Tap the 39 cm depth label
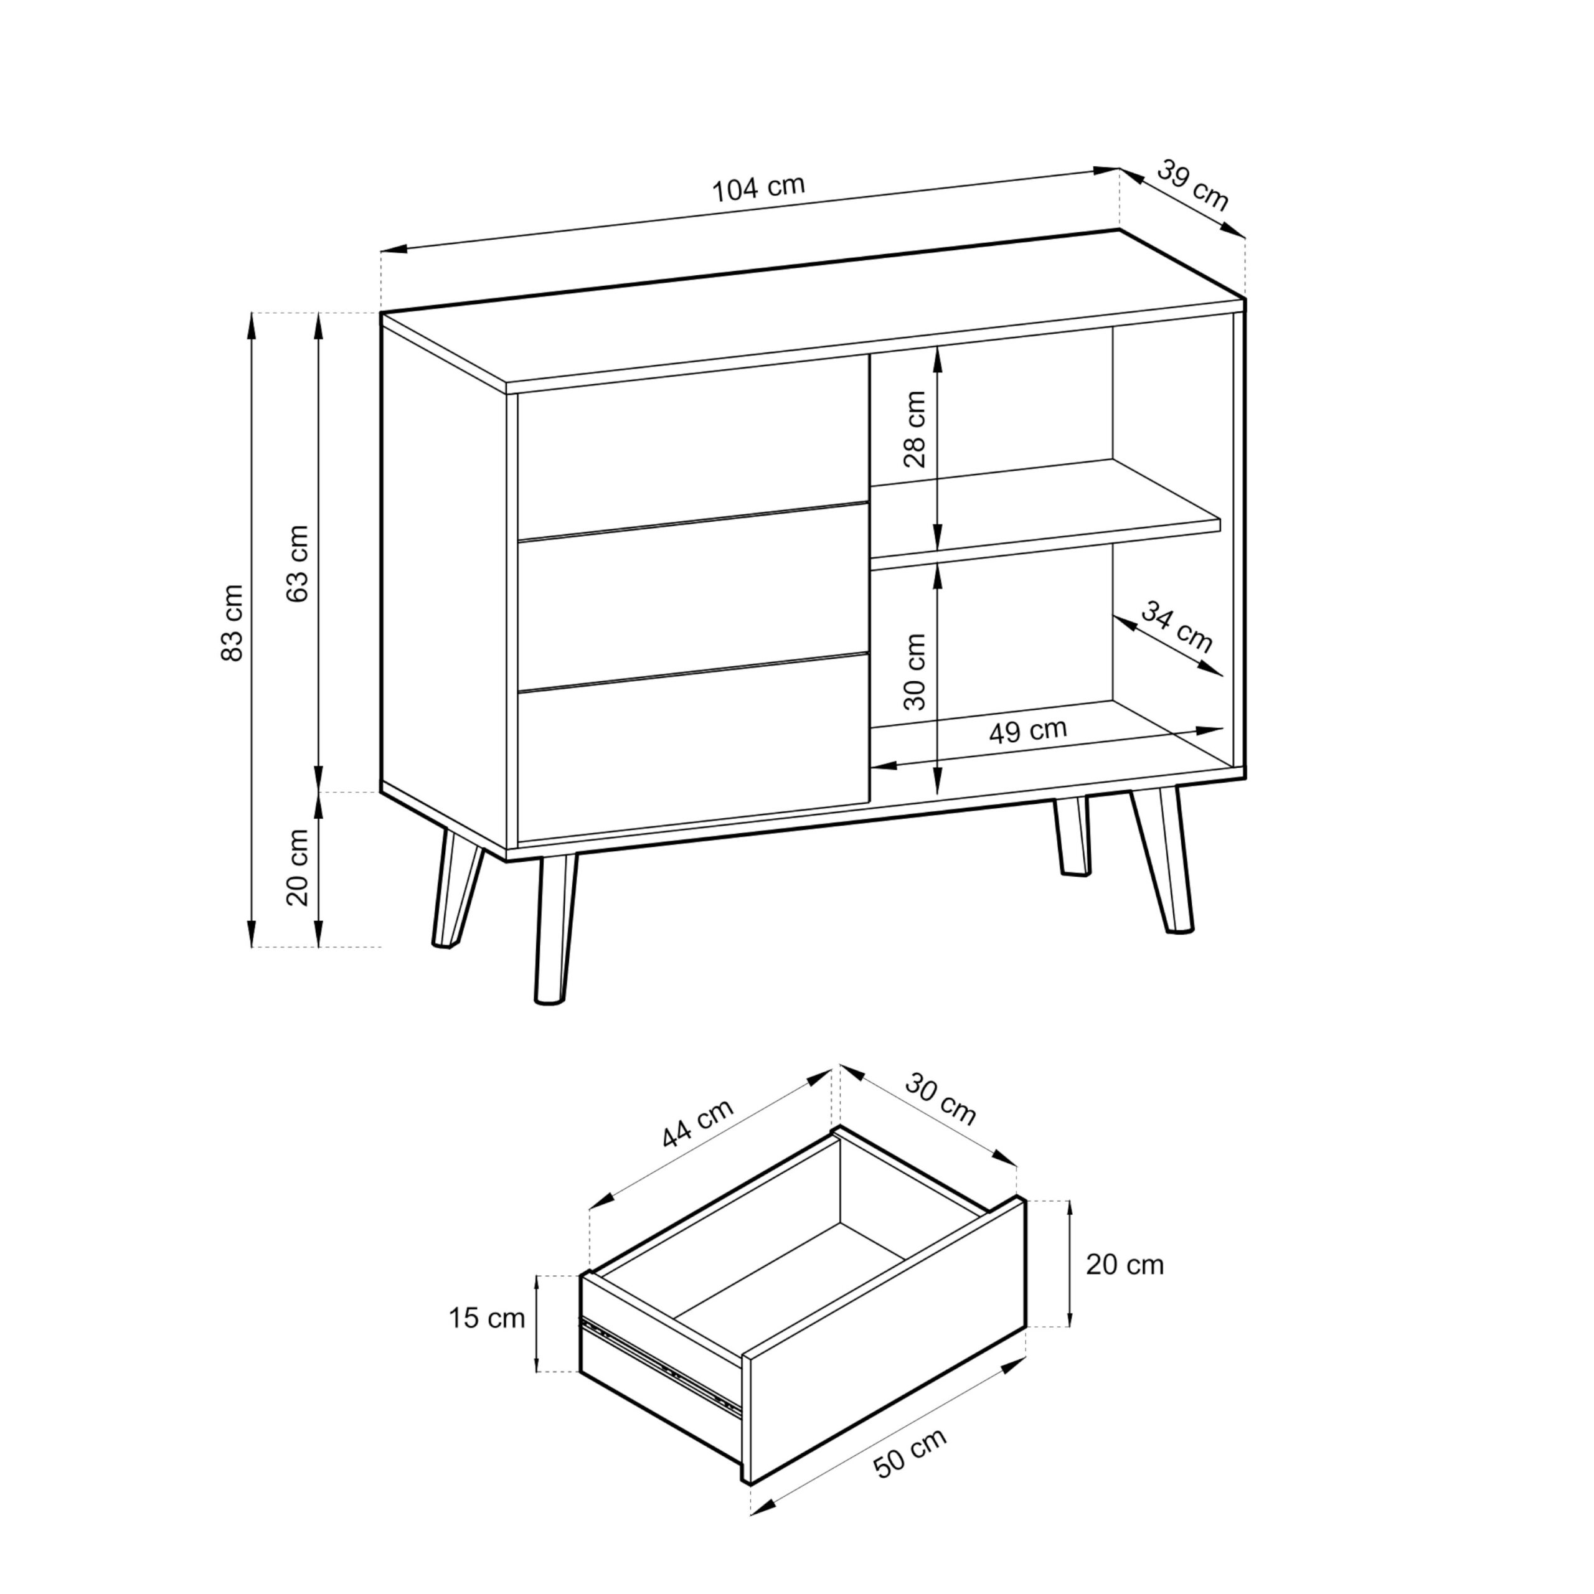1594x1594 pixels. point(1193,185)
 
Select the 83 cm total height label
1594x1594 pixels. point(233,622)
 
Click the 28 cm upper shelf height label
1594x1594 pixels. point(915,429)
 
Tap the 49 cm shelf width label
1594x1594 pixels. point(1028,730)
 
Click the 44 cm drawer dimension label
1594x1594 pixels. point(697,1124)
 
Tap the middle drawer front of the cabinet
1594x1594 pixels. point(693,596)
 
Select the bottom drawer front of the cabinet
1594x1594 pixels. point(693,749)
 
